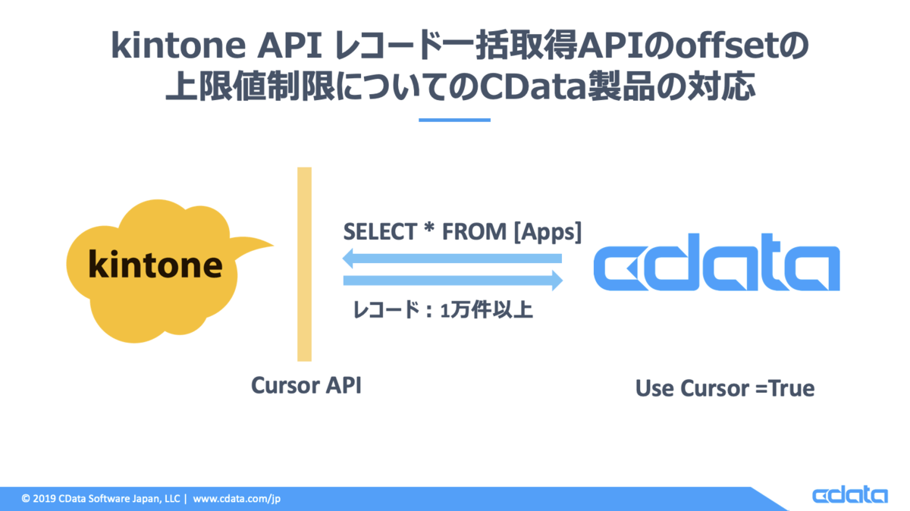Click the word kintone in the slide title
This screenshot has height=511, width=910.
coord(178,45)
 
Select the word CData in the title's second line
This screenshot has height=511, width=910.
coord(533,86)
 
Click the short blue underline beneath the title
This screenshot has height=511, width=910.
coord(454,120)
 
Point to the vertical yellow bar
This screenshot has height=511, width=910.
coord(304,264)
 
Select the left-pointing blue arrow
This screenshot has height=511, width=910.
coord(452,258)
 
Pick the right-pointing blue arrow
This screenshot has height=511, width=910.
coord(453,281)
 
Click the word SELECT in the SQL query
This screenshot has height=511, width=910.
coord(380,231)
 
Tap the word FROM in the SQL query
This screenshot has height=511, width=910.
coord(474,231)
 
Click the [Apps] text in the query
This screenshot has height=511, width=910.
coord(548,232)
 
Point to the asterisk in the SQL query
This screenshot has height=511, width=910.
coord(429,227)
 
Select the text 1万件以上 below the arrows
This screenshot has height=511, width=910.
coord(486,310)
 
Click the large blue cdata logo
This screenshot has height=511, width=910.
coord(717,262)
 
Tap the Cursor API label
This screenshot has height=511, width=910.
coord(306,385)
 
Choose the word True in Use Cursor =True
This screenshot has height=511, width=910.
coord(792,388)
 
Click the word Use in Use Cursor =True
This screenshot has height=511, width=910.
coord(654,388)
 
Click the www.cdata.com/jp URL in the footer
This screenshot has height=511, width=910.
coord(237,498)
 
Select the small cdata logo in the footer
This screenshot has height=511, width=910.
coord(850,495)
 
